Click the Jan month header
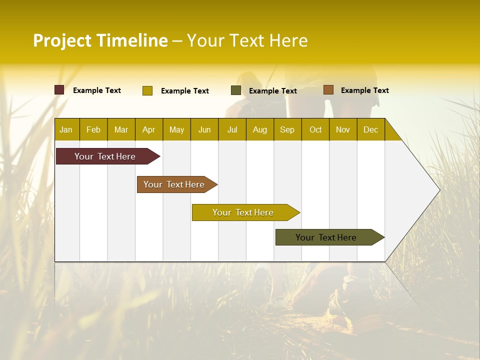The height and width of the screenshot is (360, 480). pos(66,130)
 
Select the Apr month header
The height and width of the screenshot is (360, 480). pos(148,130)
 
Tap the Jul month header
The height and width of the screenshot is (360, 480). pos(232,130)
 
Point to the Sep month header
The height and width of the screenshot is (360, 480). pos(287,130)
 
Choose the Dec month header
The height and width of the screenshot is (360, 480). pos(370,130)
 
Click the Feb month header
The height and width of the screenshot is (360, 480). pos(93,130)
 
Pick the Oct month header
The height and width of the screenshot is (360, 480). pos(315,130)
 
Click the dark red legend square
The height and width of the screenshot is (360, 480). pos(59,90)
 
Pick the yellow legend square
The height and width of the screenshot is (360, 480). pos(147,90)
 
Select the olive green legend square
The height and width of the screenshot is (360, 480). pos(236,90)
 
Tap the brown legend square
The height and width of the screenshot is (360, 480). pos(328,90)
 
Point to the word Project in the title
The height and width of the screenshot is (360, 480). pos(61,40)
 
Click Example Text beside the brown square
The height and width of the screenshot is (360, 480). pos(364,90)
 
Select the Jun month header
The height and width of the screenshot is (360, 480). pos(204,130)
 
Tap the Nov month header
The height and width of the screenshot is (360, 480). pos(343,130)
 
